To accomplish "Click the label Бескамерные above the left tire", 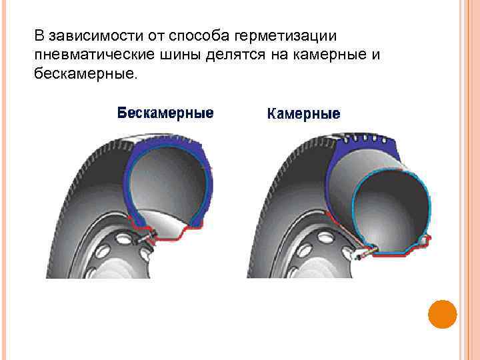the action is point(165,113).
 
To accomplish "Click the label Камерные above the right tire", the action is point(303,114).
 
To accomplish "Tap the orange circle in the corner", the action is point(442,314).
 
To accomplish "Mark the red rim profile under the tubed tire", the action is point(400,251).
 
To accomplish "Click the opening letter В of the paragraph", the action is point(39,33).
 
